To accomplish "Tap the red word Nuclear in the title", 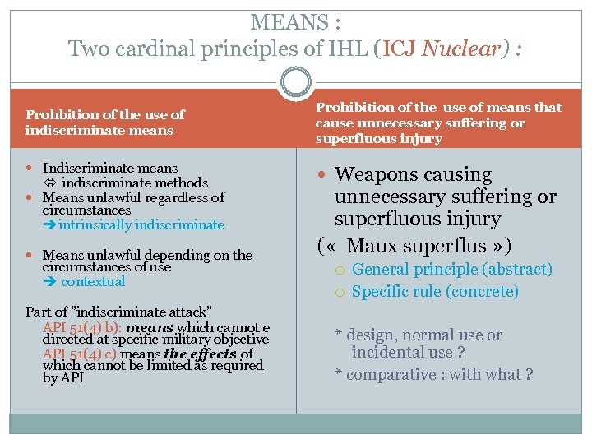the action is tap(460, 49).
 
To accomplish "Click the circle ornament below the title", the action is tap(296, 82).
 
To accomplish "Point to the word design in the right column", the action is tap(371, 335).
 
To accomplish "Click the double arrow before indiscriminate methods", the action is tap(49, 183).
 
